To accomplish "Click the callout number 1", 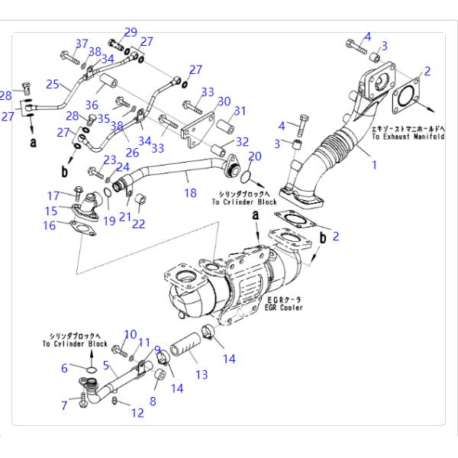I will (x=373, y=164).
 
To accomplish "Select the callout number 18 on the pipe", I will (x=190, y=194).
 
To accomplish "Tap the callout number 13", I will (x=202, y=375).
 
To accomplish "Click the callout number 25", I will (x=53, y=85).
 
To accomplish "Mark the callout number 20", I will (x=255, y=156).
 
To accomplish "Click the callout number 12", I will (x=137, y=413).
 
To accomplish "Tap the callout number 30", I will (x=224, y=101).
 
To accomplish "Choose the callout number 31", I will (x=240, y=111).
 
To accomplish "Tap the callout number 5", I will (x=106, y=365).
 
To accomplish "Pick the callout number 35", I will (x=104, y=118).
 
